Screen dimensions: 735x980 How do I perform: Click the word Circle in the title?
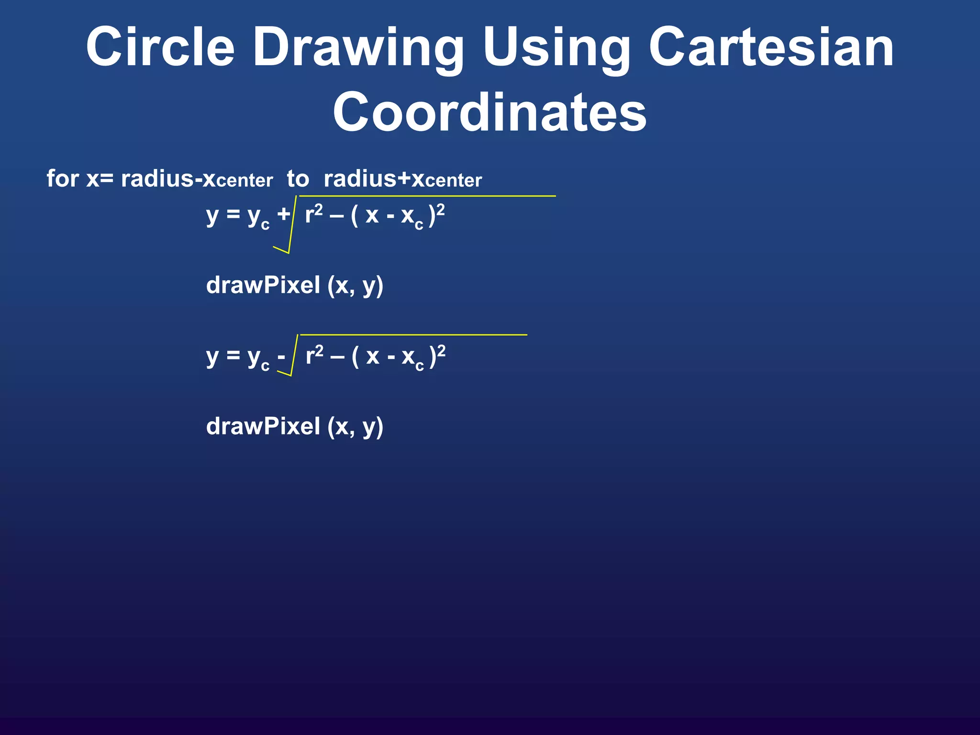(x=160, y=47)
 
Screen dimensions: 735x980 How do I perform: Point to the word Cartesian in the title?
(x=771, y=47)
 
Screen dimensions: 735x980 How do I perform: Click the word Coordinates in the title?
(x=490, y=112)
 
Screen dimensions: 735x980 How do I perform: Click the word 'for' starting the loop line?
(x=63, y=178)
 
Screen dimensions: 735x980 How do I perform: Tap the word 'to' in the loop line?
(x=298, y=179)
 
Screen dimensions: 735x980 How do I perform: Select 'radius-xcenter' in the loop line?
(x=197, y=179)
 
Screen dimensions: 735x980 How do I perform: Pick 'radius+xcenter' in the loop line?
(x=402, y=179)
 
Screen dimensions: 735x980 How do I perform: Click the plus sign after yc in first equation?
(x=283, y=214)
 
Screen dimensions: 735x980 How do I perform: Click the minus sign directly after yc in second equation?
(x=281, y=356)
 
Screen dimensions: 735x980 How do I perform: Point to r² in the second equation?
(x=314, y=355)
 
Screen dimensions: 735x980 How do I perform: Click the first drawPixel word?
(x=263, y=285)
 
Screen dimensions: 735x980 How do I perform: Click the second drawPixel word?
(x=263, y=426)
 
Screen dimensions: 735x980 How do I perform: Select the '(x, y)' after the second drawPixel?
(x=356, y=427)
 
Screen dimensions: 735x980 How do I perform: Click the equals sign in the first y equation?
(x=233, y=214)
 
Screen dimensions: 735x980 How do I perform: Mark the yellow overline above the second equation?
(x=413, y=335)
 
